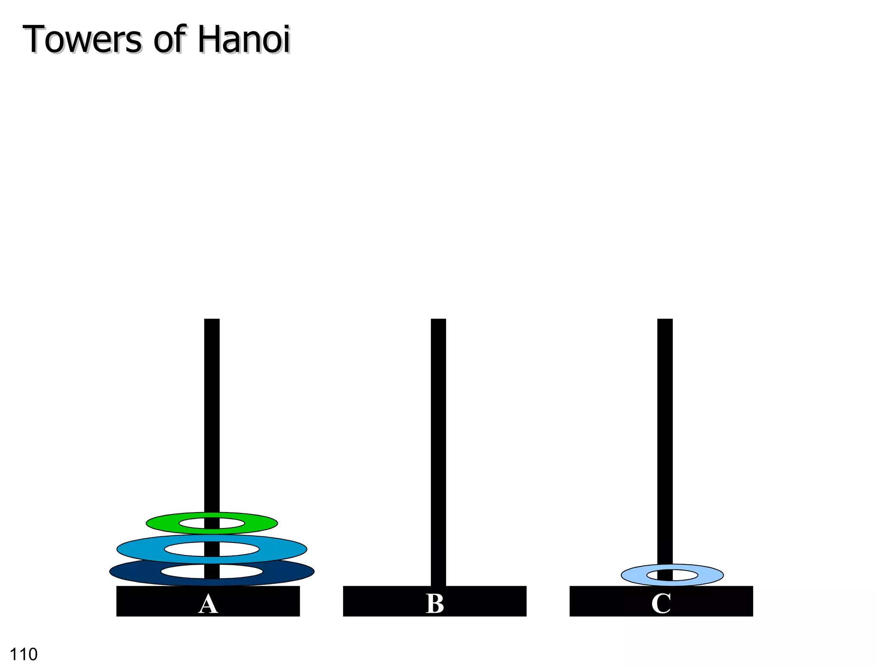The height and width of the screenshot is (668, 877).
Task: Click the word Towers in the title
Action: click(x=81, y=39)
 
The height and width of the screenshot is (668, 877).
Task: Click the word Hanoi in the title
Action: click(x=243, y=39)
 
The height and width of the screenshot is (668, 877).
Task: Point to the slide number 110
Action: click(x=24, y=654)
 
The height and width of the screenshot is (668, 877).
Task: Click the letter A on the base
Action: click(x=208, y=604)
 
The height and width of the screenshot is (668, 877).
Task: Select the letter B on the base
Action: click(x=435, y=604)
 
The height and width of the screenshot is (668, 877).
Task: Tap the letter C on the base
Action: click(x=661, y=604)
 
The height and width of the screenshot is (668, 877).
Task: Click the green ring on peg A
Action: click(x=163, y=523)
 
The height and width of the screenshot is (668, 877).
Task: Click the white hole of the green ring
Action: click(x=193, y=523)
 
